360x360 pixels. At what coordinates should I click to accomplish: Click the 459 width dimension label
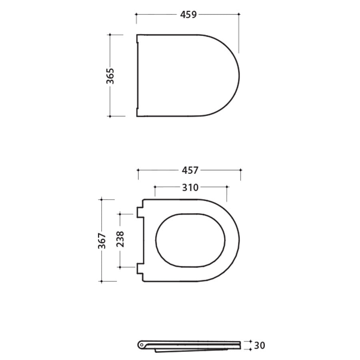click(x=188, y=14)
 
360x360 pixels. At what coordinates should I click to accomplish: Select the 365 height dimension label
click(x=110, y=76)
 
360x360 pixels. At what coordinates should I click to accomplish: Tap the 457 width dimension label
click(x=190, y=170)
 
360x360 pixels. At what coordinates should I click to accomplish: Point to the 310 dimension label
click(x=190, y=187)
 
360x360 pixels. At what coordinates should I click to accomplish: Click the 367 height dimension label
click(x=102, y=240)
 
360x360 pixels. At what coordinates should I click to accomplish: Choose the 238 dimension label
click(x=120, y=239)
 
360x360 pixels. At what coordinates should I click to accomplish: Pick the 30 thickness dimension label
click(x=259, y=345)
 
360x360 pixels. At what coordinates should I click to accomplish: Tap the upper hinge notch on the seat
click(x=140, y=212)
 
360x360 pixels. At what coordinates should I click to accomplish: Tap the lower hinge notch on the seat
click(x=140, y=268)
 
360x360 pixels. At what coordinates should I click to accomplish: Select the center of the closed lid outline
click(x=188, y=76)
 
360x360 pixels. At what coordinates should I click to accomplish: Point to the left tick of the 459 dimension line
click(x=136, y=14)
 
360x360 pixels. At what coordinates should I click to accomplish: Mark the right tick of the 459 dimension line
click(x=239, y=14)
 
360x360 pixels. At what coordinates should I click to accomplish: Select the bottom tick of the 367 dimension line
click(x=102, y=282)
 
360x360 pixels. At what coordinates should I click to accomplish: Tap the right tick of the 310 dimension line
click(x=227, y=187)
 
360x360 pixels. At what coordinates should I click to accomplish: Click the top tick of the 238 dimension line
click(x=120, y=214)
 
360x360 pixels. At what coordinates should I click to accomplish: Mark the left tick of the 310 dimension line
click(x=155, y=187)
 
